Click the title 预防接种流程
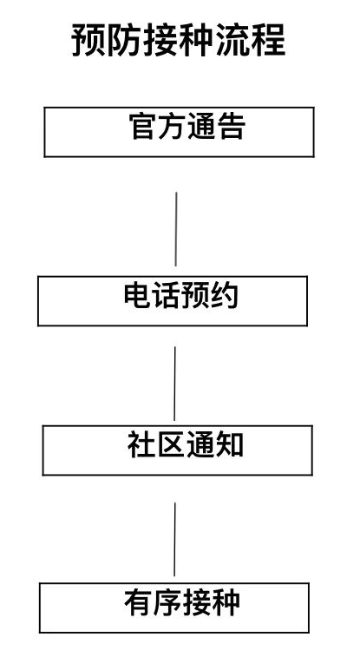point(179,40)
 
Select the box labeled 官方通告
point(180,132)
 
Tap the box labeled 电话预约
point(173,301)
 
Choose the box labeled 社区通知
point(178,450)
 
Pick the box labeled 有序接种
point(174,608)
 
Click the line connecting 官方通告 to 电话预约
point(176,229)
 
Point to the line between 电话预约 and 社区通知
point(174,384)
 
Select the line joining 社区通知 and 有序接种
point(174,540)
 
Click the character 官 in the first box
point(143,126)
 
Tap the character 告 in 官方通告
point(231,126)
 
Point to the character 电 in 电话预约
point(138,295)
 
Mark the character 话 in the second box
point(167,295)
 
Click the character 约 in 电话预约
point(225,295)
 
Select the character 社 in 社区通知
point(141,444)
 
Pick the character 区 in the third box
point(170,444)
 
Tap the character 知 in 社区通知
point(229,444)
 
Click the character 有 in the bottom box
point(138,602)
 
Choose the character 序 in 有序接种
point(167,602)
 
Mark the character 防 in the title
point(125,40)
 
